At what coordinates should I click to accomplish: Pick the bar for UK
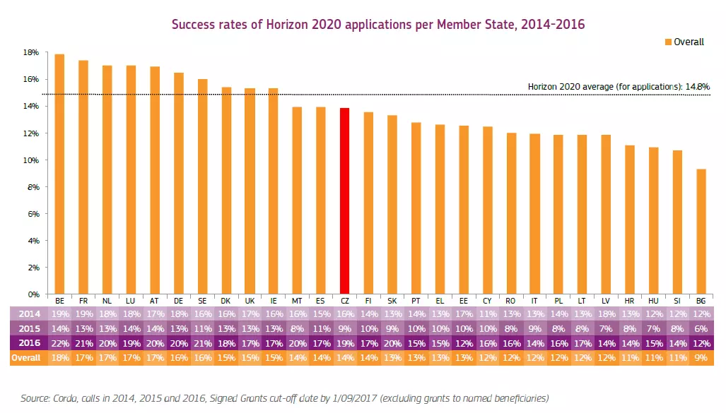250,191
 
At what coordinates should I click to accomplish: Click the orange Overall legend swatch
667,42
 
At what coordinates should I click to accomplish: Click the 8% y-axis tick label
31,187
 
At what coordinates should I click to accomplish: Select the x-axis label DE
178,301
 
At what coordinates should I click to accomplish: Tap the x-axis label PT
416,301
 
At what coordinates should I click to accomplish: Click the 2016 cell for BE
59,343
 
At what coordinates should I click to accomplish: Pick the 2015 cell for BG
701,329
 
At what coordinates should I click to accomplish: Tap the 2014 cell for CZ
344,314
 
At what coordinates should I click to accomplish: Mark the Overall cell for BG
701,358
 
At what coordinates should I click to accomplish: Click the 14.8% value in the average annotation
696,87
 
